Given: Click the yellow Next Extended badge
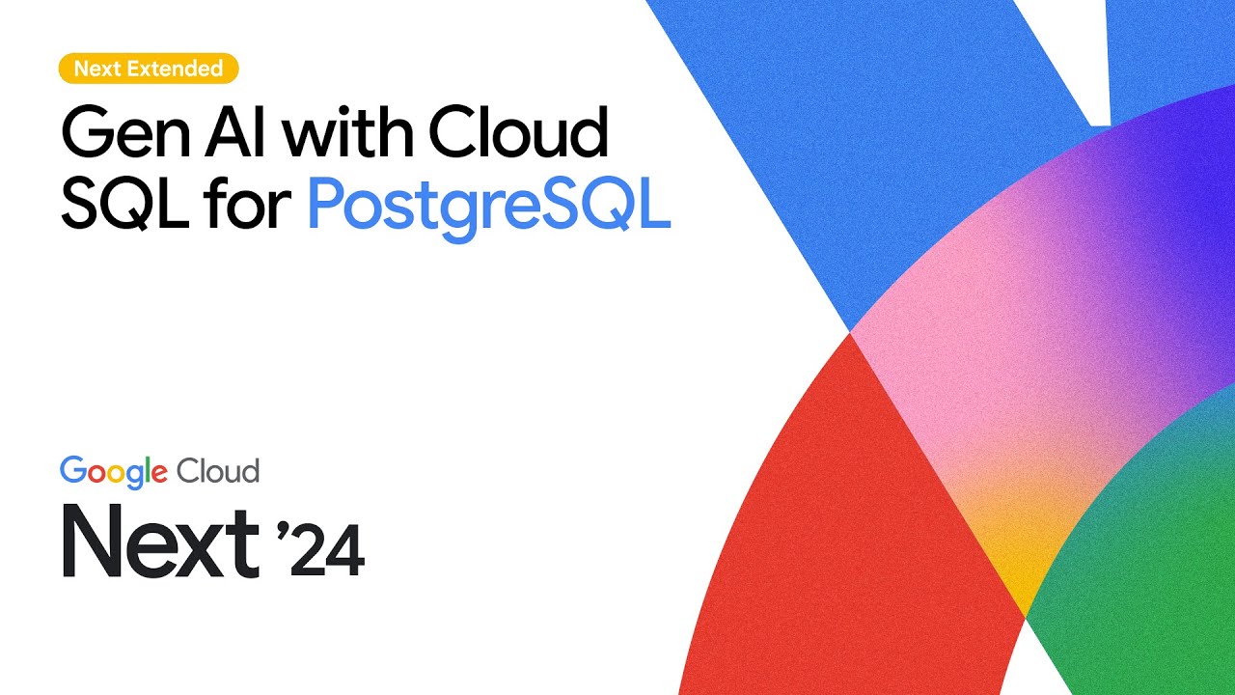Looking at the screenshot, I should [148, 69].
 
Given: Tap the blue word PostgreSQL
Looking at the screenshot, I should [488, 207].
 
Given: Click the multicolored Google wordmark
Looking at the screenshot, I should [114, 472].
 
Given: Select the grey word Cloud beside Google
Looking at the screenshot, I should [218, 471].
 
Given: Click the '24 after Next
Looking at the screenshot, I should [324, 550].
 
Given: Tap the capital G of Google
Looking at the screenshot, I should [71, 471].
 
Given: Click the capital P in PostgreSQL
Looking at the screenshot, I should [328, 205].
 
